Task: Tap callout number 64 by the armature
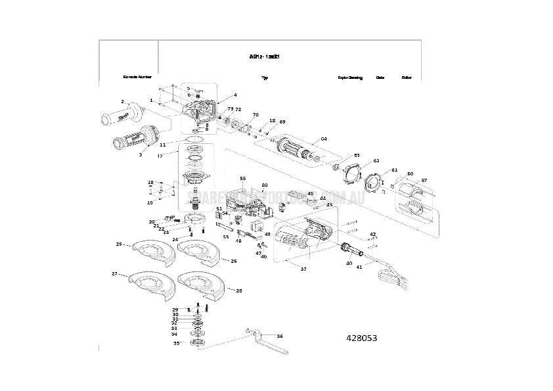pyautogui.click(x=323, y=139)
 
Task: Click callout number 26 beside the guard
pyautogui.click(x=233, y=261)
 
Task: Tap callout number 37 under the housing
pyautogui.click(x=303, y=269)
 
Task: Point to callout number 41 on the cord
pyautogui.click(x=359, y=267)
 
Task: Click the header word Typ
pyautogui.click(x=265, y=78)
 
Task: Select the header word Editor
pyautogui.click(x=407, y=78)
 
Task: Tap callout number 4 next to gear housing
pyautogui.click(x=234, y=95)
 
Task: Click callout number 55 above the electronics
pyautogui.click(x=242, y=178)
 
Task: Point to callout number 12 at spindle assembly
pyautogui.click(x=160, y=156)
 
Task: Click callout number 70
pyautogui.click(x=255, y=115)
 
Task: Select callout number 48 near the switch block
pyautogui.click(x=267, y=235)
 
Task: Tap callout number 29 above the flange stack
pyautogui.click(x=175, y=310)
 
